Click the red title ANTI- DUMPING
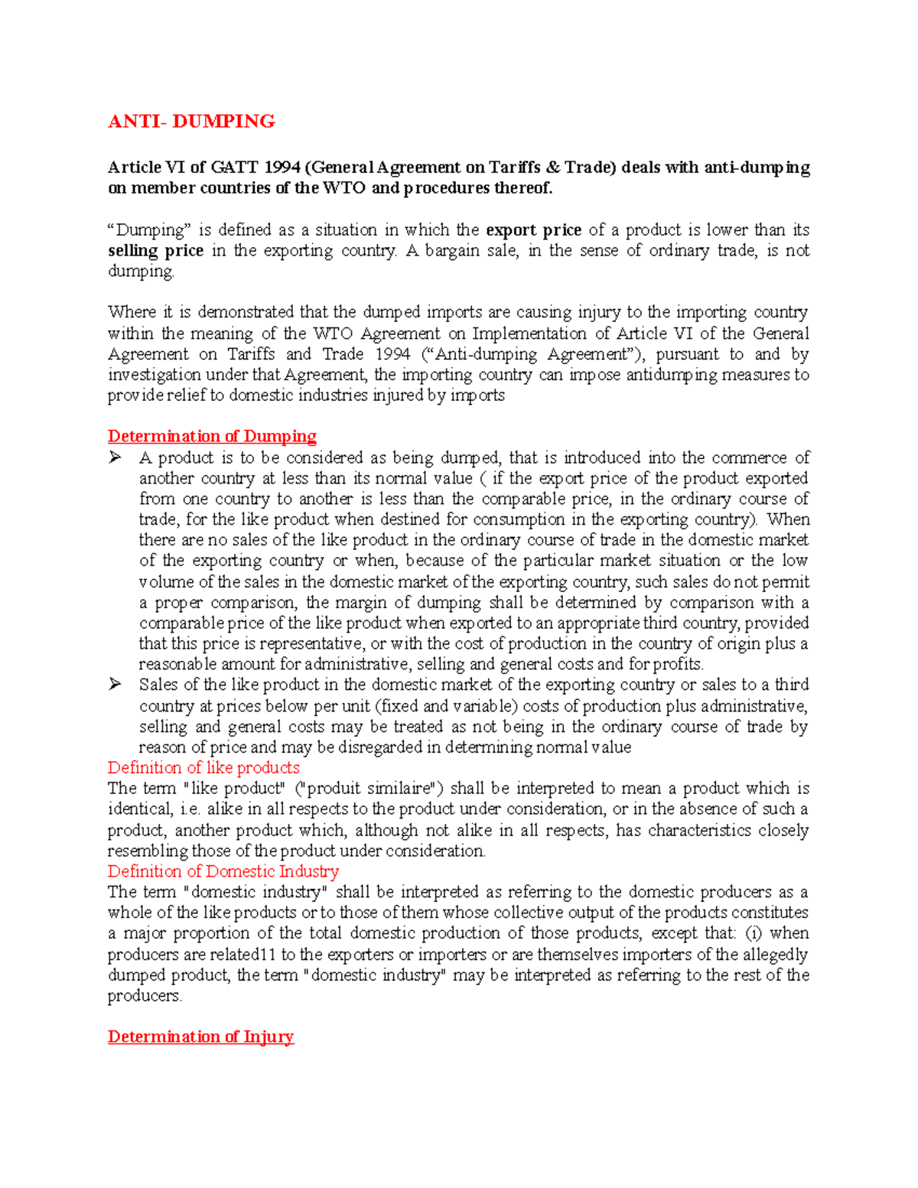(191, 122)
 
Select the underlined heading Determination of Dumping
(212, 436)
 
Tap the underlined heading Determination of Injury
(200, 1037)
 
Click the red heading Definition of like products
(203, 767)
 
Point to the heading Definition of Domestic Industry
(223, 871)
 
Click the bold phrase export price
(534, 230)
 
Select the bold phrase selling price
(155, 251)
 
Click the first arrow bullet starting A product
(116, 457)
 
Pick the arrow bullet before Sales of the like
(116, 685)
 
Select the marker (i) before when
(754, 933)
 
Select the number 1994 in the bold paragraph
(282, 168)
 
